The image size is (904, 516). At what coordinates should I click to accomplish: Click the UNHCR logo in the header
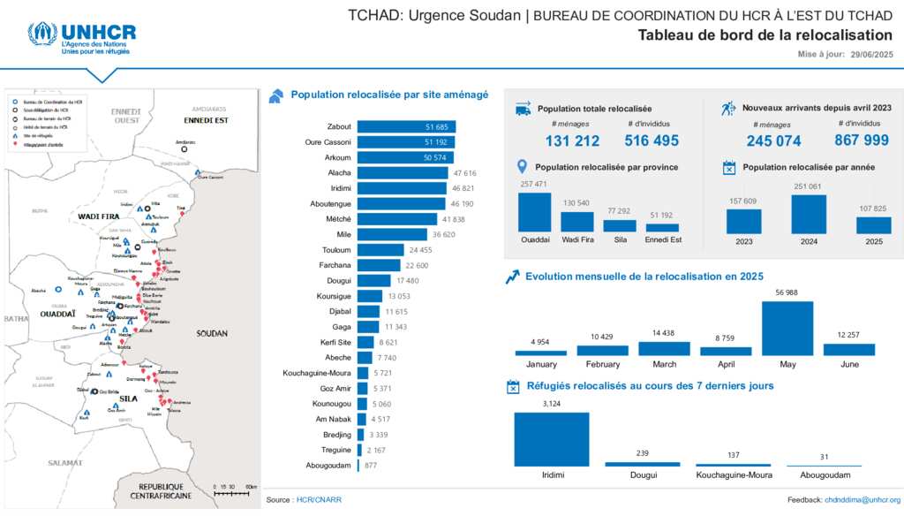tap(81, 38)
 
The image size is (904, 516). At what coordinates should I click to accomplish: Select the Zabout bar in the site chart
tap(406, 127)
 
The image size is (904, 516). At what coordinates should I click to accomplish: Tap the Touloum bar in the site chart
tap(380, 249)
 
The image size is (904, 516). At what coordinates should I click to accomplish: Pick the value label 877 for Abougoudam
tap(371, 466)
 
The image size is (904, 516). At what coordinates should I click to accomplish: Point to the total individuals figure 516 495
tap(652, 140)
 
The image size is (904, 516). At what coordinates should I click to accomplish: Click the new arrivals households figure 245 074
tap(773, 140)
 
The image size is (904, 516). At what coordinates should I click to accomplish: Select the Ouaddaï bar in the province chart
tap(534, 212)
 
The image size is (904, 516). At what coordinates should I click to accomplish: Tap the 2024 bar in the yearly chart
tap(809, 214)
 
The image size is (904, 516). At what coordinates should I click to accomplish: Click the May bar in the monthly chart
tap(787, 329)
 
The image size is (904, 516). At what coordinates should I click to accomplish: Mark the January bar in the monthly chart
tap(540, 353)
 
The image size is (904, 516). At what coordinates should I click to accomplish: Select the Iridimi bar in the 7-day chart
tap(551, 439)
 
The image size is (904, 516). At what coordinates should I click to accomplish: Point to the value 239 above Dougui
tap(643, 453)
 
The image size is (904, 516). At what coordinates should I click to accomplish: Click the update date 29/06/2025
tap(872, 56)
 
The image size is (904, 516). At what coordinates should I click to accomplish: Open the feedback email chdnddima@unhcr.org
tap(863, 500)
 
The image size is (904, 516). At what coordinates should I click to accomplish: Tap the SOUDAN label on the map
tap(212, 333)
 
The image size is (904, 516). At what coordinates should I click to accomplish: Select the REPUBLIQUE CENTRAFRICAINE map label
tap(161, 490)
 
